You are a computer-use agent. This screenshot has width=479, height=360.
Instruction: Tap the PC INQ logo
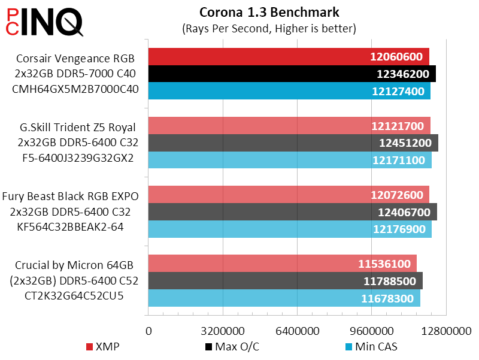click(x=44, y=22)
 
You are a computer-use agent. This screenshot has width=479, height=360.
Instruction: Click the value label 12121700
click(x=397, y=126)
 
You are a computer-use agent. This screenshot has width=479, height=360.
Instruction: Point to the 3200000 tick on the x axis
click(x=223, y=331)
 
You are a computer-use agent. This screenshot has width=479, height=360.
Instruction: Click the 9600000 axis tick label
click(x=372, y=331)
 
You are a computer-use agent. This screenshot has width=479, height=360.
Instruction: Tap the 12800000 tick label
click(x=446, y=331)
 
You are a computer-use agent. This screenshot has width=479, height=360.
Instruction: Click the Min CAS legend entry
click(x=371, y=347)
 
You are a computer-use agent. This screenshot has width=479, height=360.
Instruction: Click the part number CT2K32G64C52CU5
click(x=75, y=295)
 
